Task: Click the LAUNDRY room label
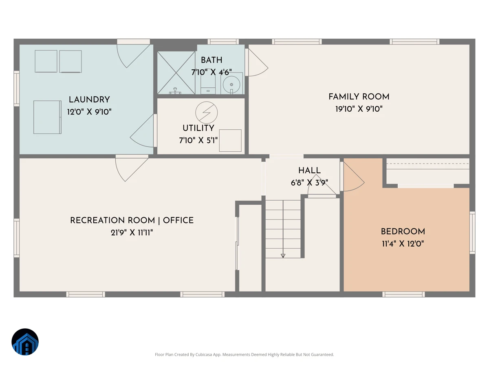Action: coord(89,99)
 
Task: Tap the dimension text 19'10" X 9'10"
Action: coord(359,109)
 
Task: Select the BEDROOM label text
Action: coord(403,232)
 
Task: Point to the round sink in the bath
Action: coord(231,84)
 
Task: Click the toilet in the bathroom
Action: coord(208,85)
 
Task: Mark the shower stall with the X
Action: coord(176,73)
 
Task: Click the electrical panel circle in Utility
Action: coord(207,113)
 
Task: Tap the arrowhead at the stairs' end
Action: coord(283,256)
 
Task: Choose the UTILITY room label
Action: coord(198,128)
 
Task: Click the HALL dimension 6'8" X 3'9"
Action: coord(309,183)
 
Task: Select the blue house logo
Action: coord(25,342)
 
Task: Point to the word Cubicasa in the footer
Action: coord(204,354)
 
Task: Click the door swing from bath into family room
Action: coord(257,63)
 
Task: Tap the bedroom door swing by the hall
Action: coord(353,177)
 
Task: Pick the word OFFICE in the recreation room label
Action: coord(178,220)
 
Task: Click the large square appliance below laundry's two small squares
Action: coord(47,117)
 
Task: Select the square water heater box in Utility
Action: coord(230,141)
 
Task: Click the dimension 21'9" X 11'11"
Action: coord(132,232)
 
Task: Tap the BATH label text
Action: coord(211,60)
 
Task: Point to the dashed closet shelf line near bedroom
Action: coord(428,164)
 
